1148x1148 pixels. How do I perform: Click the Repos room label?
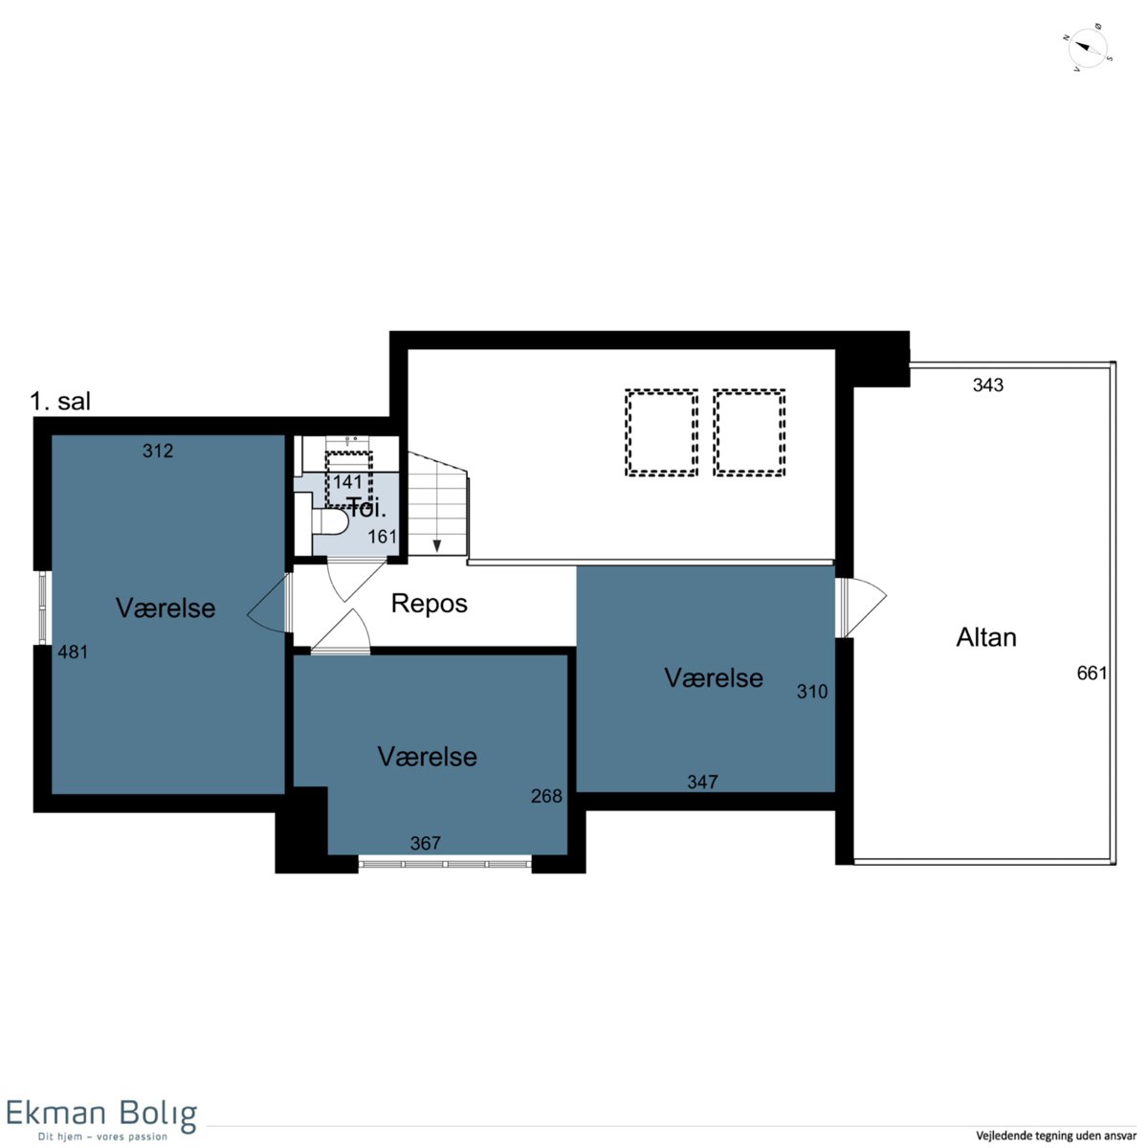(429, 604)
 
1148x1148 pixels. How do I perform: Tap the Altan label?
(986, 637)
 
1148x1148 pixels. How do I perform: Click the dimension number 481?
(73, 652)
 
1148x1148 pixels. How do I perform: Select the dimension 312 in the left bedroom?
(158, 451)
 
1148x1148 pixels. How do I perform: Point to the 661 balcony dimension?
(1092, 673)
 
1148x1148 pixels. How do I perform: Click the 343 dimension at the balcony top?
(987, 386)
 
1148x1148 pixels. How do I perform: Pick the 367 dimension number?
(426, 843)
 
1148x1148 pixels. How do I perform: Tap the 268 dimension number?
(546, 796)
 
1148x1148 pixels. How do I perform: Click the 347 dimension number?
(702, 782)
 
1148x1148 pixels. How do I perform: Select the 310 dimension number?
(812, 691)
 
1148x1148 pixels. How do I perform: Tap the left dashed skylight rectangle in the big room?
(661, 432)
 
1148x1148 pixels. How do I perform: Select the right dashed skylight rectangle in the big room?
(749, 432)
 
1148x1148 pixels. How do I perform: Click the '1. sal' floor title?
(60, 402)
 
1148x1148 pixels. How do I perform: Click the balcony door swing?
(865, 607)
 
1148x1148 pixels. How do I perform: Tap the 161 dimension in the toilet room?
(382, 537)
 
